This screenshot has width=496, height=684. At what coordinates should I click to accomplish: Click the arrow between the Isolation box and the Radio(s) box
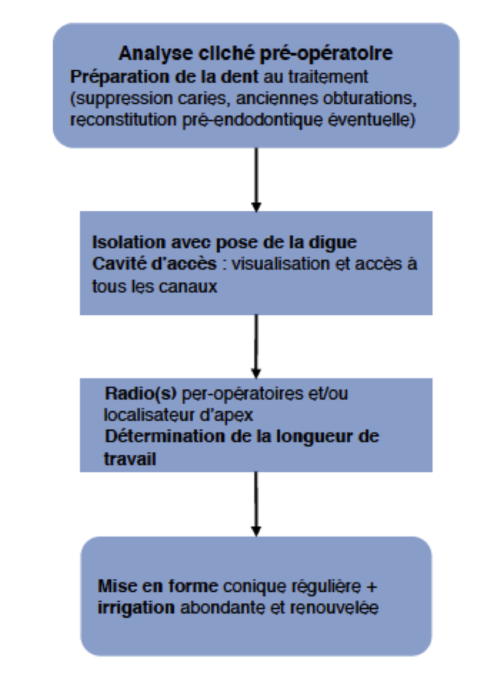click(256, 345)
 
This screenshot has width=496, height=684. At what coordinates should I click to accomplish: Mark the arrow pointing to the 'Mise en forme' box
click(256, 503)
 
